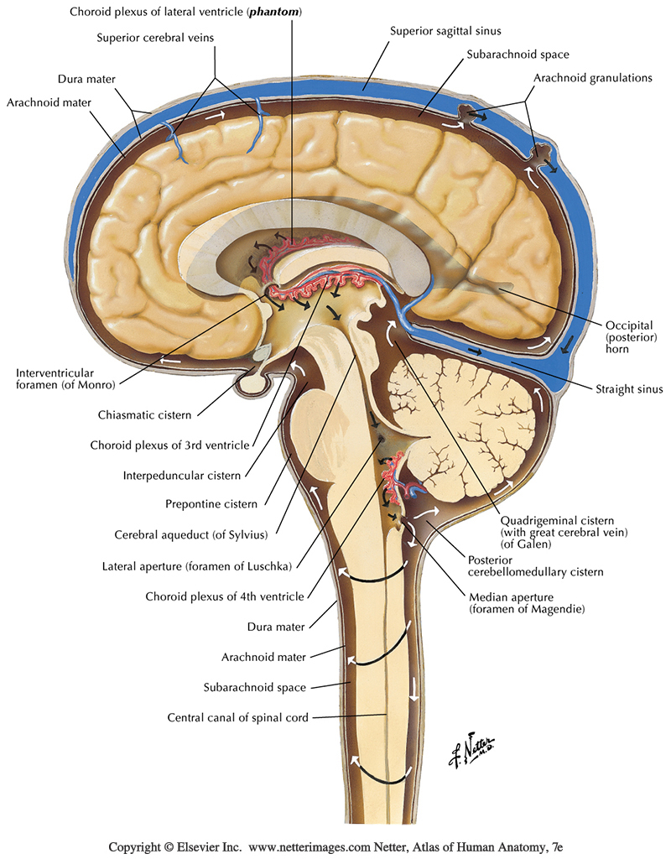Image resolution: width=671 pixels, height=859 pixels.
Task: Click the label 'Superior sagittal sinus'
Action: click(445, 31)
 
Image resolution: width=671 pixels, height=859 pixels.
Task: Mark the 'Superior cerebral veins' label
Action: click(150, 38)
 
